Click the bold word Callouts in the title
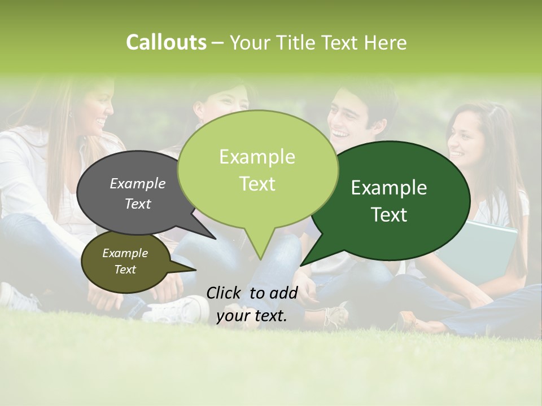click(166, 42)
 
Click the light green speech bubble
click(257, 169)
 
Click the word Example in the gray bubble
click(137, 184)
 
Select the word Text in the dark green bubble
click(389, 215)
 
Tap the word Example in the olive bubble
click(125, 253)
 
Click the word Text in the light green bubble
click(257, 184)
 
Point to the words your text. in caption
click(252, 316)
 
